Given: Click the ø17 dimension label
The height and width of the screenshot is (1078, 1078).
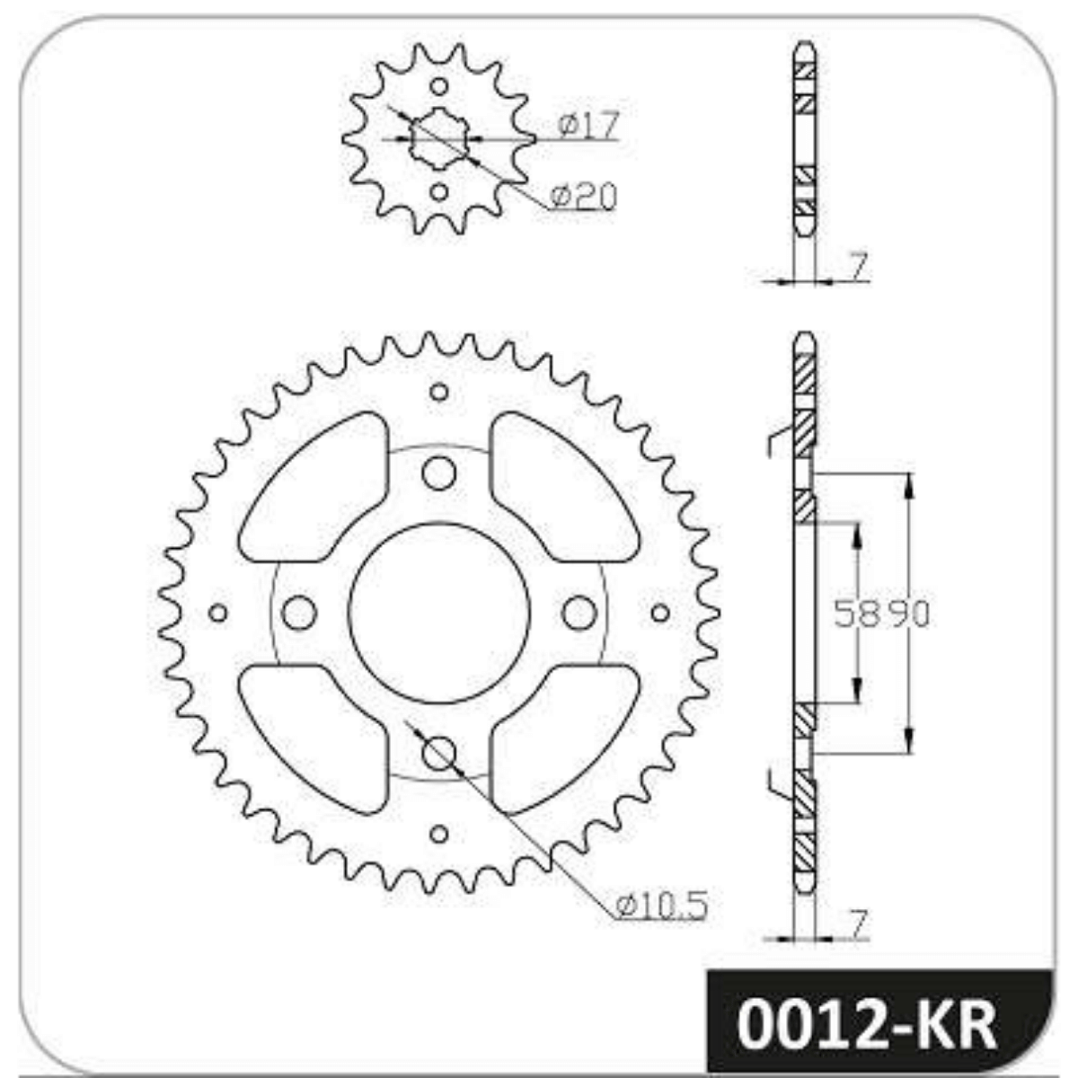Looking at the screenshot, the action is (x=589, y=124).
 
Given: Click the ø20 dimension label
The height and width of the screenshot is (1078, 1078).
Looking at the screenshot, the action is (x=583, y=196).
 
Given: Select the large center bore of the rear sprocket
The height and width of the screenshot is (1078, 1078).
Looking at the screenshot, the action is (x=439, y=614).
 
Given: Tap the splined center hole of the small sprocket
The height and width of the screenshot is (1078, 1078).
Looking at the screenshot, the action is (x=439, y=138).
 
